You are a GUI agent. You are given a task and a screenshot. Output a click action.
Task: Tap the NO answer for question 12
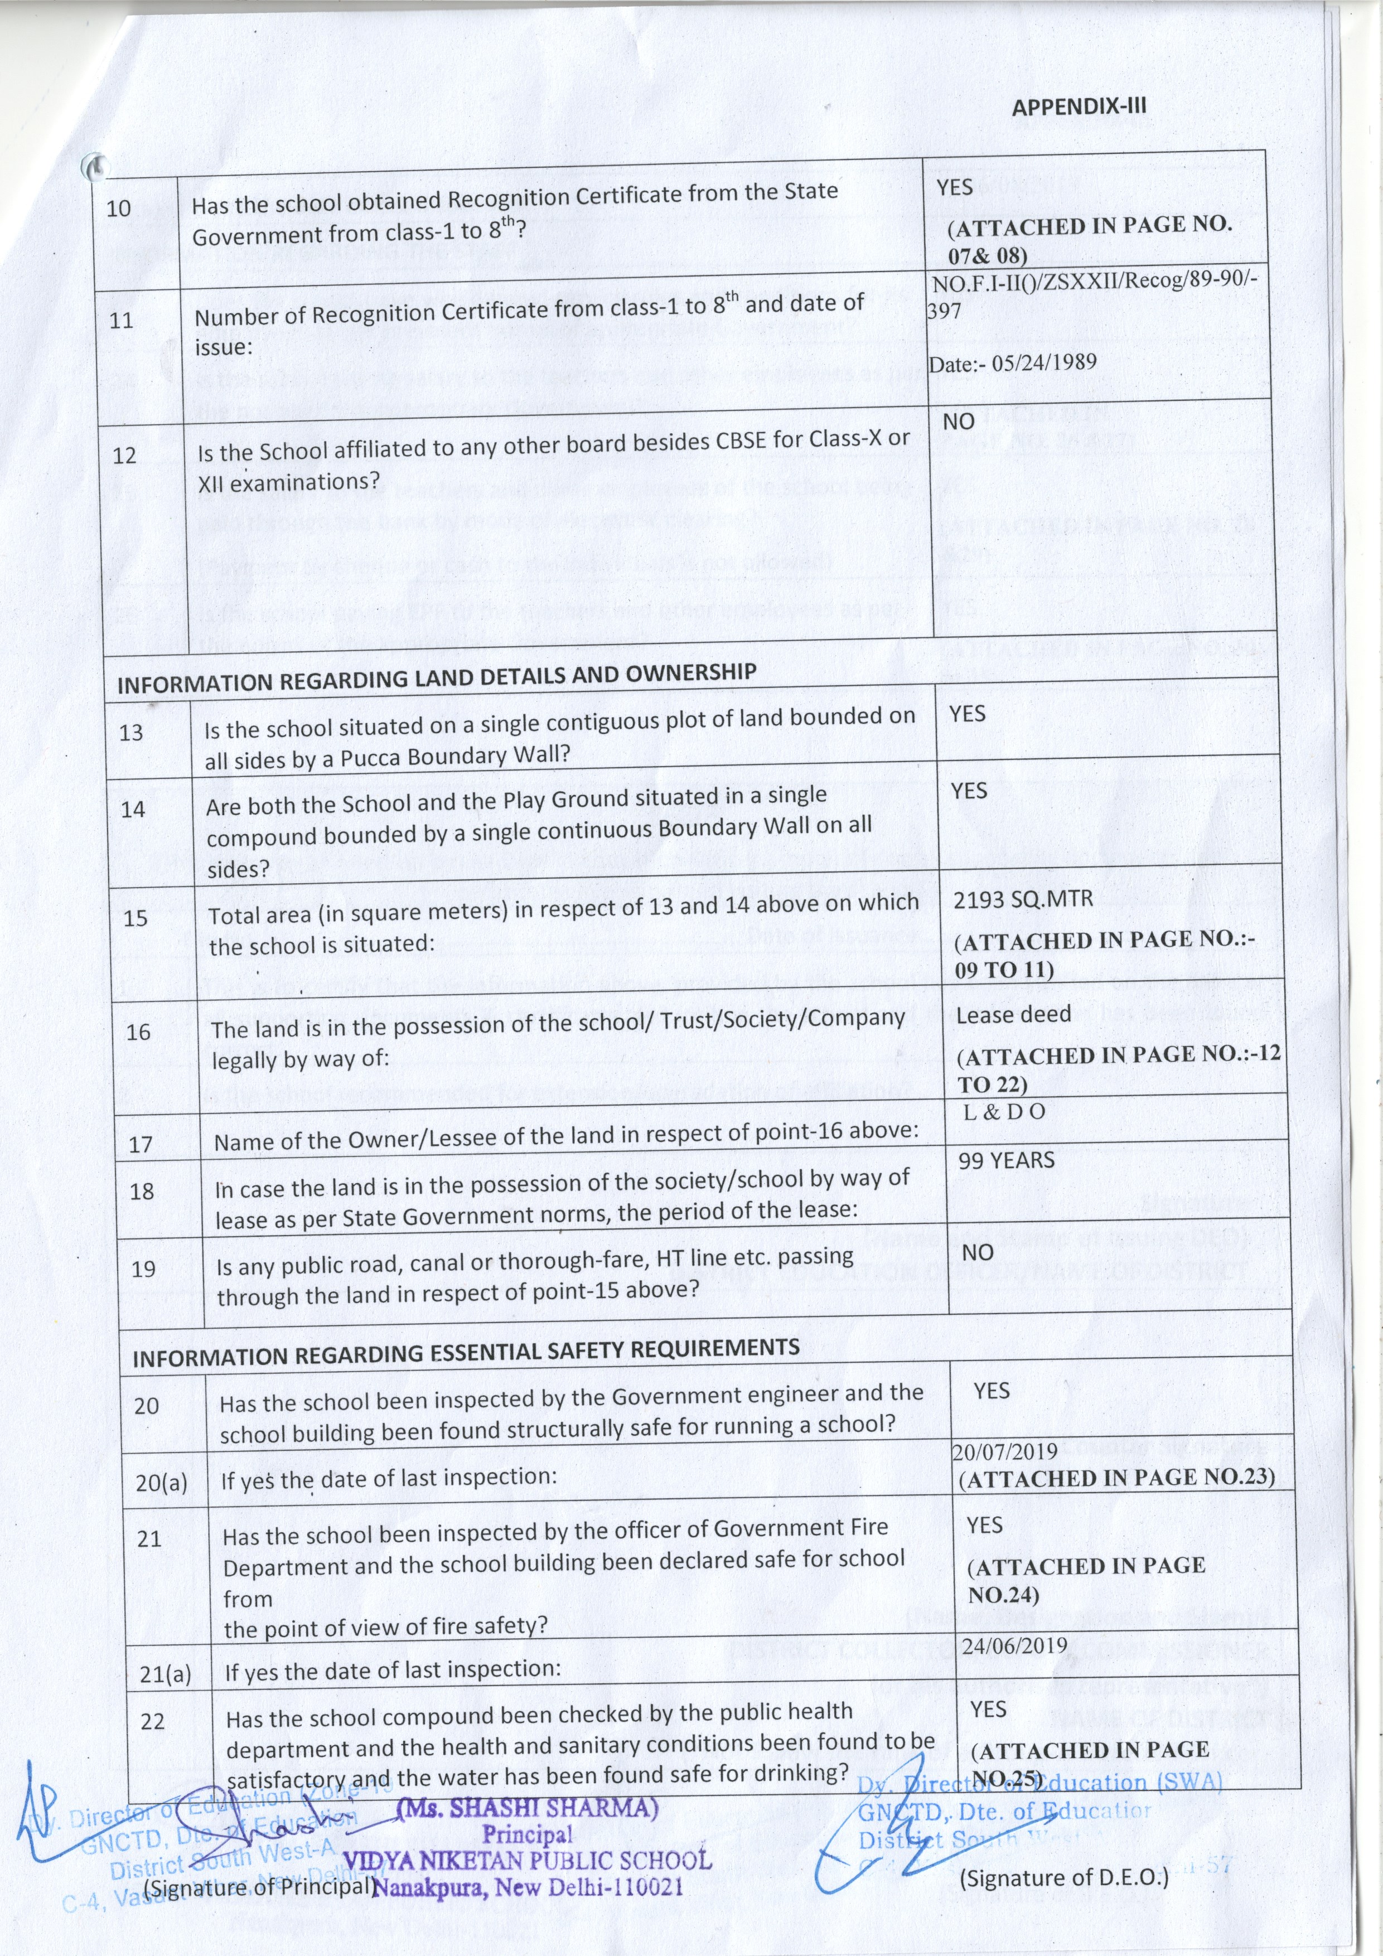tap(959, 422)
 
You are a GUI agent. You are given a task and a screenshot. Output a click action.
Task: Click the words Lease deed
tap(1013, 1015)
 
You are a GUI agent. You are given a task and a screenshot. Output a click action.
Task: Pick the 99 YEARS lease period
tap(1007, 1160)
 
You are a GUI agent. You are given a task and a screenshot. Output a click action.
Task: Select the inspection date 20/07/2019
tap(1005, 1451)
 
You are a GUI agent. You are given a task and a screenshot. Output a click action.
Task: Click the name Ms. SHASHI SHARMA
tap(528, 1808)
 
